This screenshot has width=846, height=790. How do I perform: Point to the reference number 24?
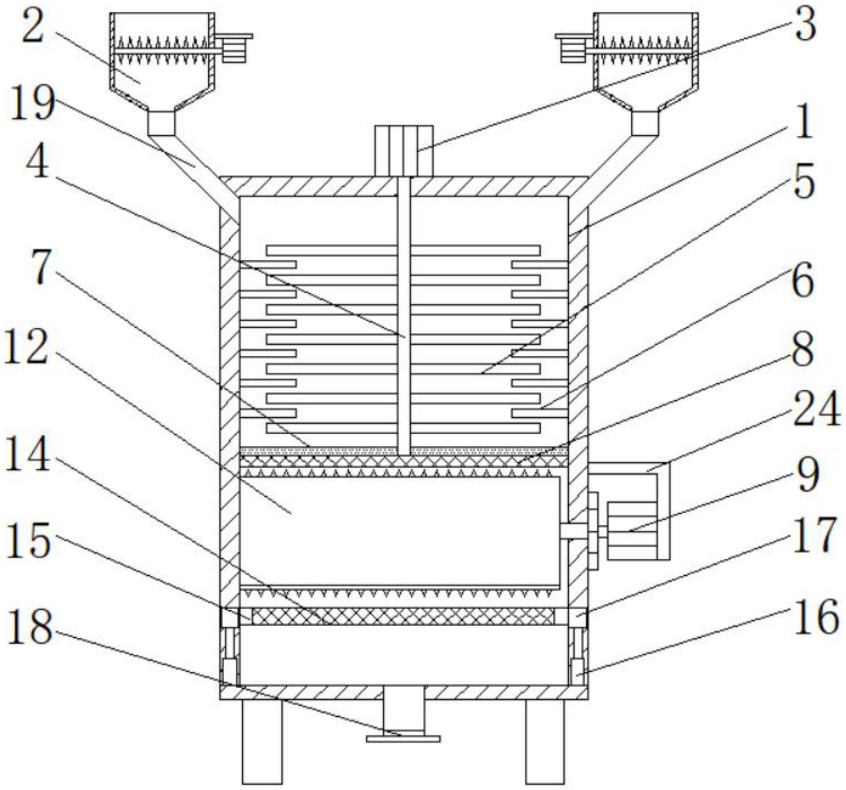point(816,410)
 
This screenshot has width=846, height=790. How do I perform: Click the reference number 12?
point(26,346)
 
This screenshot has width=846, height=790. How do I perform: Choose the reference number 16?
point(816,617)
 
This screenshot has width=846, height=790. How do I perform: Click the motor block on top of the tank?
point(404,151)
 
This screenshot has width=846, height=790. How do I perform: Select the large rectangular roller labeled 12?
point(399,531)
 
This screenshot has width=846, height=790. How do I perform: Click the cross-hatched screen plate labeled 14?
point(403,616)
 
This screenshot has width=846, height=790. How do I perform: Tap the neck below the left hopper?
point(162,122)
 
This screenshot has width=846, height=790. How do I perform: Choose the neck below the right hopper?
point(646,122)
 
